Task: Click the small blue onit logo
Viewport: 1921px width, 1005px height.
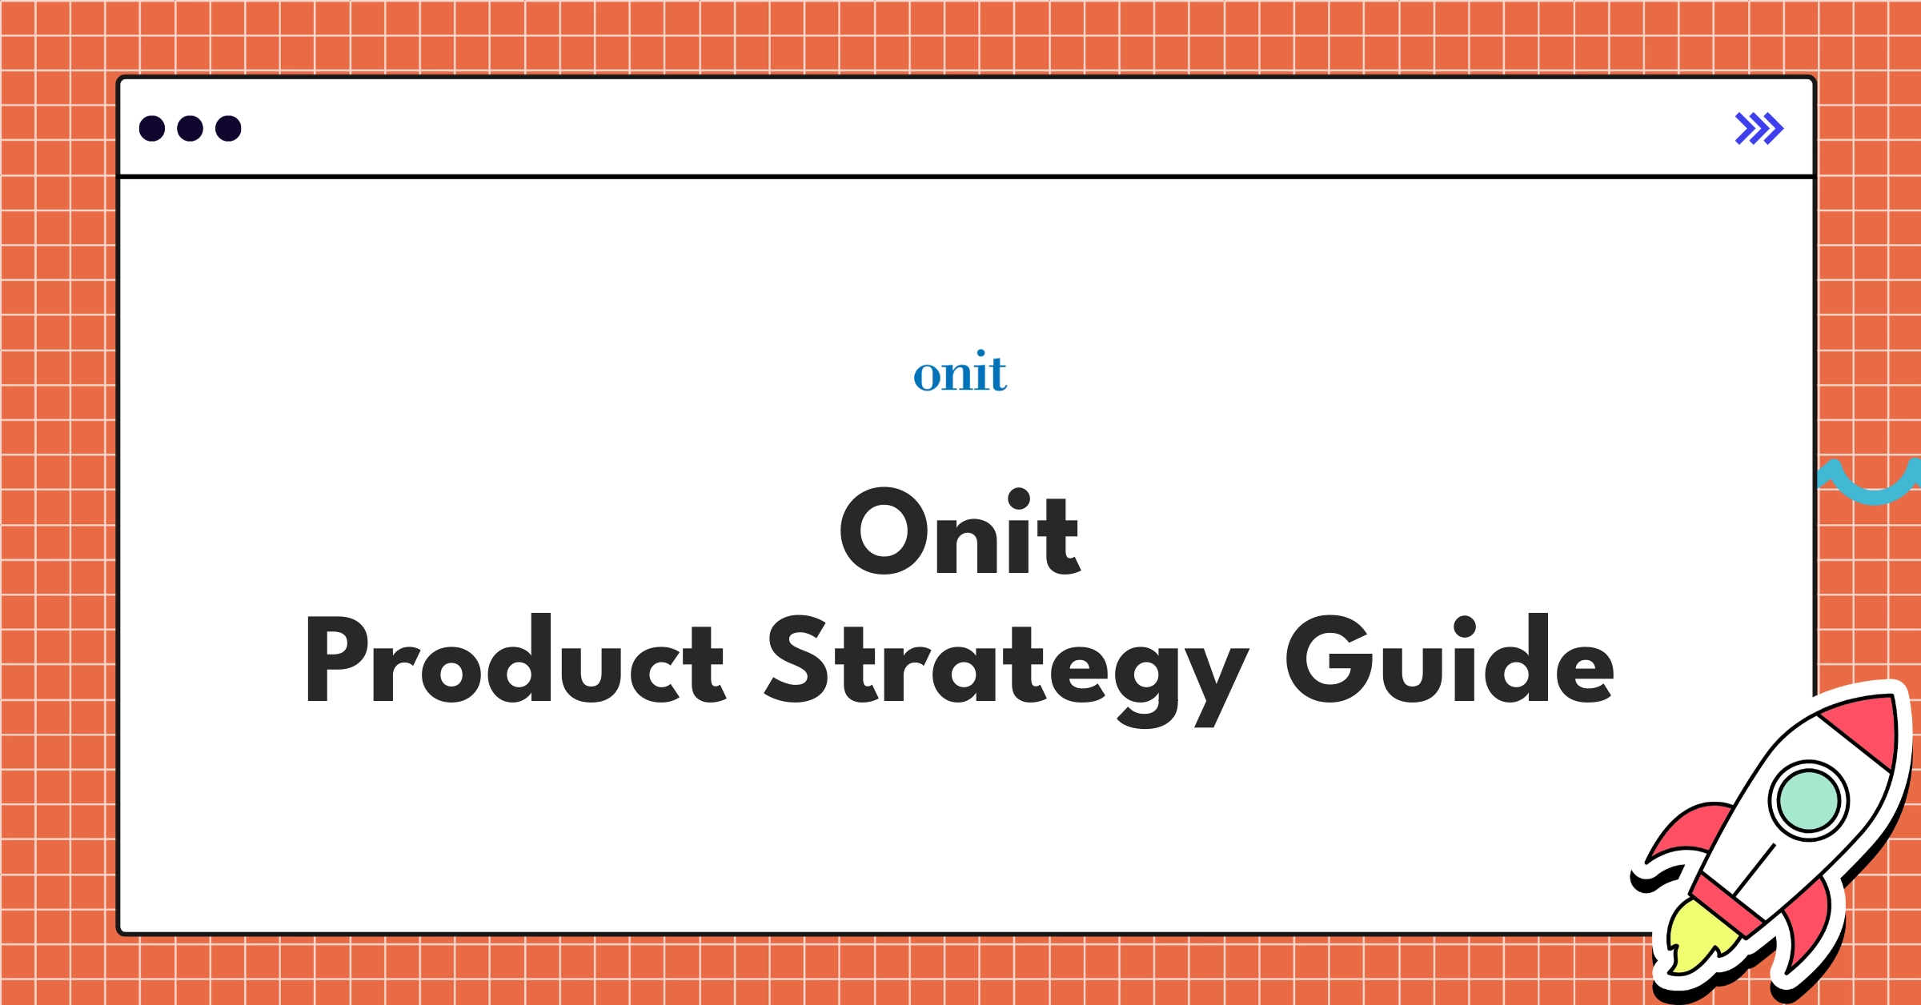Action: pyautogui.click(x=960, y=373)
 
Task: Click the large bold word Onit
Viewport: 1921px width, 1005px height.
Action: pyautogui.click(x=960, y=531)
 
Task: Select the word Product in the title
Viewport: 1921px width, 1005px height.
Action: pyautogui.click(x=515, y=659)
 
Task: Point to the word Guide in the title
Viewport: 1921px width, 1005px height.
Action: pyautogui.click(x=1450, y=659)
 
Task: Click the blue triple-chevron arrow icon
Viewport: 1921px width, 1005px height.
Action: pyautogui.click(x=1759, y=128)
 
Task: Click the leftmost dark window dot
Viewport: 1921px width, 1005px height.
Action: pyautogui.click(x=152, y=128)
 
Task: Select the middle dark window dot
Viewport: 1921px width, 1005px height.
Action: pyautogui.click(x=190, y=128)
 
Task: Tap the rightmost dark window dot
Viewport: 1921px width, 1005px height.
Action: pyautogui.click(x=228, y=128)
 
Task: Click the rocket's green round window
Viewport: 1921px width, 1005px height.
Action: pyautogui.click(x=1808, y=800)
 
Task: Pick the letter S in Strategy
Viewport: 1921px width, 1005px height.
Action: pyautogui.click(x=796, y=659)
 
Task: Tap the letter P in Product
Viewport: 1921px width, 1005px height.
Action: pyautogui.click(x=336, y=659)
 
